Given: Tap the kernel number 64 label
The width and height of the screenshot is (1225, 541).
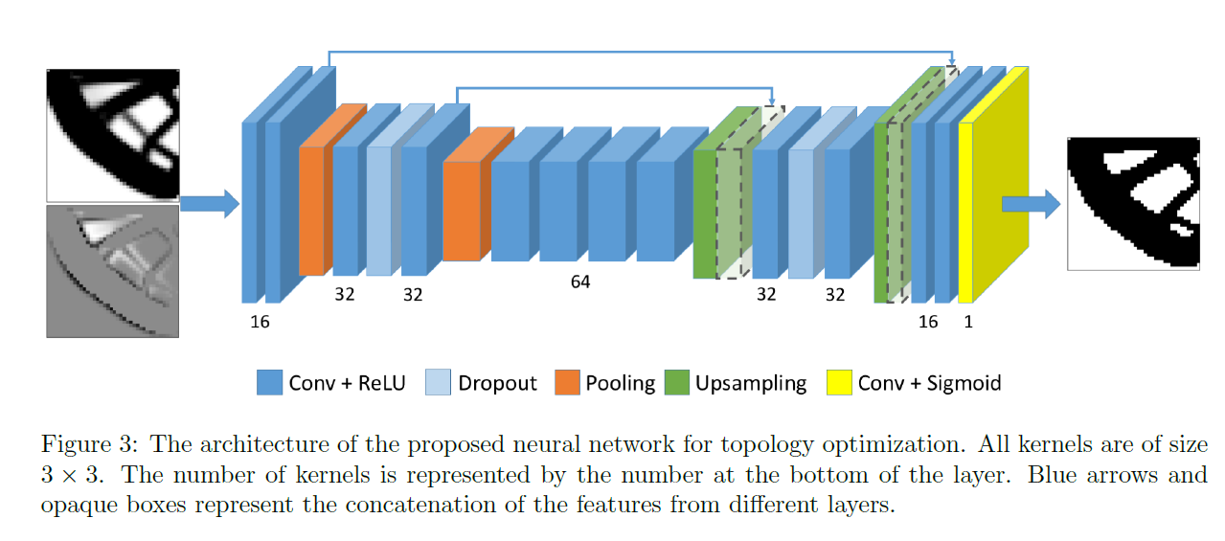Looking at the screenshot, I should pos(579,282).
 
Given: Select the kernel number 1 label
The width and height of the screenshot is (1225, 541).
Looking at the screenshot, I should pos(968,322).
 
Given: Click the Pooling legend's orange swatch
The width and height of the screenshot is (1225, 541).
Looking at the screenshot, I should pos(567,383).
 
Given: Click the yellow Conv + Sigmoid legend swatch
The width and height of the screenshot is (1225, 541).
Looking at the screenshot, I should pos(840,383).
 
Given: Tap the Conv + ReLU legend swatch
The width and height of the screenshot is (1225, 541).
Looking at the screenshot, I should pos(269,383).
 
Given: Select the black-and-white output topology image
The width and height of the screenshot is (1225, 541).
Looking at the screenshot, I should pos(1133,203).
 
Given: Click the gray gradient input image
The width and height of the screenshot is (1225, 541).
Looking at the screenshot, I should pos(113,271).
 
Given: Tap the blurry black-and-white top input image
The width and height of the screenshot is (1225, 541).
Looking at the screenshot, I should pos(113,134).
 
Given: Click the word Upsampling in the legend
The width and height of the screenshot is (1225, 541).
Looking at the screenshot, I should pos(751,384).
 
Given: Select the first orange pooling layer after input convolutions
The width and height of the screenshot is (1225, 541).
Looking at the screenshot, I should pos(312,211).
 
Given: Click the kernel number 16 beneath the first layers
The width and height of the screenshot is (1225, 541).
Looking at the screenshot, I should pos(260,322).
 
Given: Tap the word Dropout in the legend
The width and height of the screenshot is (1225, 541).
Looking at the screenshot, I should pos(497,384).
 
